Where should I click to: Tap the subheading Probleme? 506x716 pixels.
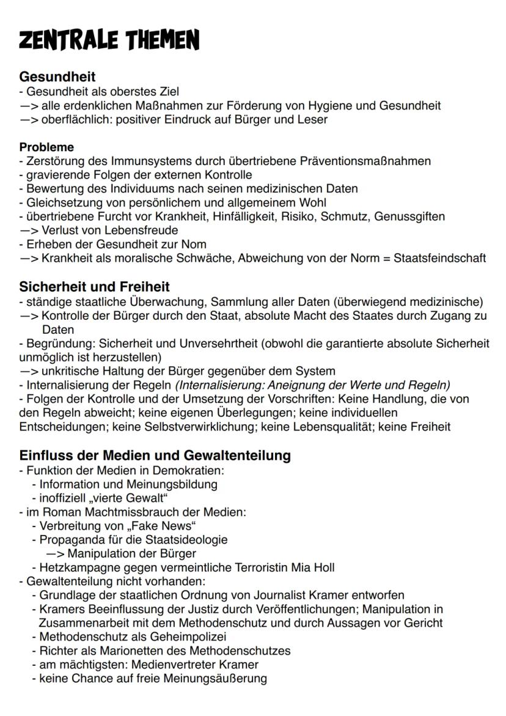coord(46,147)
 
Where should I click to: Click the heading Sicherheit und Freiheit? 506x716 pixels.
coord(94,287)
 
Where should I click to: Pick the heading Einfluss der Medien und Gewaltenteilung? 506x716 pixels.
coord(155,456)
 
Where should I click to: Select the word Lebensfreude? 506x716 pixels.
coord(147,231)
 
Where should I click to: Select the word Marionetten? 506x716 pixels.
coord(122,651)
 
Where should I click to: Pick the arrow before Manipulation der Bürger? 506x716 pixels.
coord(56,554)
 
